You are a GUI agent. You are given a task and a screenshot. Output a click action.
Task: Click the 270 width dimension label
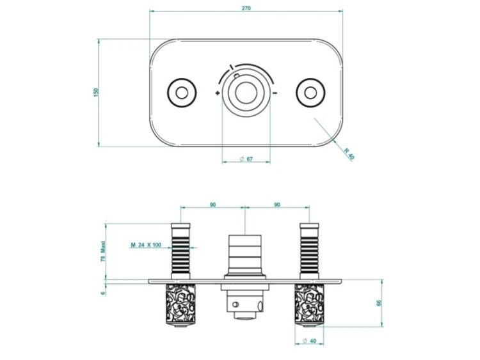pos(246,8)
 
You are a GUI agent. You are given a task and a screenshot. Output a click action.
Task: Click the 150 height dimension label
pos(96,93)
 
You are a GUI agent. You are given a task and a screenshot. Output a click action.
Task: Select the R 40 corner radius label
pos(349,154)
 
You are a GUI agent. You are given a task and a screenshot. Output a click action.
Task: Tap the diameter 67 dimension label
pos(246,159)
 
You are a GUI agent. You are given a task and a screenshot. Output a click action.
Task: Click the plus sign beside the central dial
pos(218,93)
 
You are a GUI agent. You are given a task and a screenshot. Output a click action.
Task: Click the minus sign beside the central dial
pos(275,93)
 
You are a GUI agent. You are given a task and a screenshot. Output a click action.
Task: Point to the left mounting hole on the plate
pos(182,93)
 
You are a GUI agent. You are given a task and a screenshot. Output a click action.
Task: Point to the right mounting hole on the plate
pos(310,93)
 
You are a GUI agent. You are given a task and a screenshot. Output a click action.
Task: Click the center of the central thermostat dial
pos(246,93)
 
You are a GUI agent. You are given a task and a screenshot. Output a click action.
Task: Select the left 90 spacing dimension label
pos(212,205)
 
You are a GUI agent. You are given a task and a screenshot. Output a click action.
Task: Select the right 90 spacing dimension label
pos(277,205)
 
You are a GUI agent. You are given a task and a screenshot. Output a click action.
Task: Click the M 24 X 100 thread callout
pos(146,245)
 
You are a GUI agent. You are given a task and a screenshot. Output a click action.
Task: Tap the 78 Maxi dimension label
pos(103,251)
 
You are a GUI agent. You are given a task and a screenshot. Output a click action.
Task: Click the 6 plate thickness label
pos(103,293)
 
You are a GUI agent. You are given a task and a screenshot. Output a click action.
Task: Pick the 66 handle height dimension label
pos(379,303)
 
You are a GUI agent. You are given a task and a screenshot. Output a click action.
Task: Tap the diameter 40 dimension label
pos(309,341)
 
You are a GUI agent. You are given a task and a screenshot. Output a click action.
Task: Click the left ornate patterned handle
pos(180,304)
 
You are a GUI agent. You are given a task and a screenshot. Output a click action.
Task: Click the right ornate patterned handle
pos(309,304)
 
